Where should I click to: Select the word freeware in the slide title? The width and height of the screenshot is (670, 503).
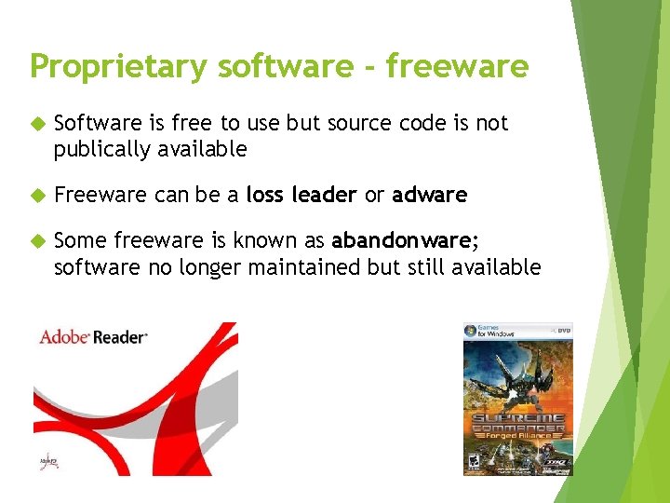457,67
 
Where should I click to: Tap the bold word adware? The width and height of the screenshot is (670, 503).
429,195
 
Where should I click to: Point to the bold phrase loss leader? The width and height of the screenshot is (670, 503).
301,195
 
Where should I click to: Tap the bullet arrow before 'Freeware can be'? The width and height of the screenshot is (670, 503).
37,196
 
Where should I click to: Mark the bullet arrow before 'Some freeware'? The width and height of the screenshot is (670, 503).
37,241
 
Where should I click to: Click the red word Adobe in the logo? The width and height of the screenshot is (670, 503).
63,336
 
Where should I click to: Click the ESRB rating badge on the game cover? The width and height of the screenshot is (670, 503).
474,460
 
